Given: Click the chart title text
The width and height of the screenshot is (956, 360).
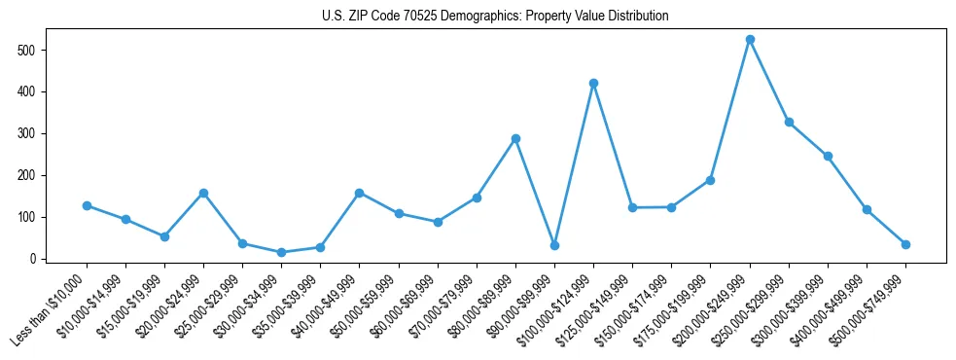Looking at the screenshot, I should [495, 17].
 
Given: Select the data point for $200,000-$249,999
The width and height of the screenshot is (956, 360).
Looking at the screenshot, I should [750, 40].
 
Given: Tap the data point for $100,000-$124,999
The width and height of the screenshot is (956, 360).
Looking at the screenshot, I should [593, 84].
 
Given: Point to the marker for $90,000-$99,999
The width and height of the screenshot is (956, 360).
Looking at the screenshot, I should [554, 245].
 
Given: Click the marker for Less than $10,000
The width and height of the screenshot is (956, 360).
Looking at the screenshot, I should [87, 206].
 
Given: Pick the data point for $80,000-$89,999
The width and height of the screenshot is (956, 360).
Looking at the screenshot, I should [515, 138].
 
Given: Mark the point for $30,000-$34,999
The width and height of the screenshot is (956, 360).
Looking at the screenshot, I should [281, 253].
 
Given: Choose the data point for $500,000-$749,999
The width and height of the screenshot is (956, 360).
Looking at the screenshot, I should [905, 244].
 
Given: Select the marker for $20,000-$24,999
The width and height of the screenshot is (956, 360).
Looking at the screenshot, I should [203, 193].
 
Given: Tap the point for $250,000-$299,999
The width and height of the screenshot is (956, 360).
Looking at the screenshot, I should [789, 123].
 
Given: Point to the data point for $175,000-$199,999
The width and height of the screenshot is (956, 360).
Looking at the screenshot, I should [710, 180].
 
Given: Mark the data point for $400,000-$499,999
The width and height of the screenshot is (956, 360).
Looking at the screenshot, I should [867, 210].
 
